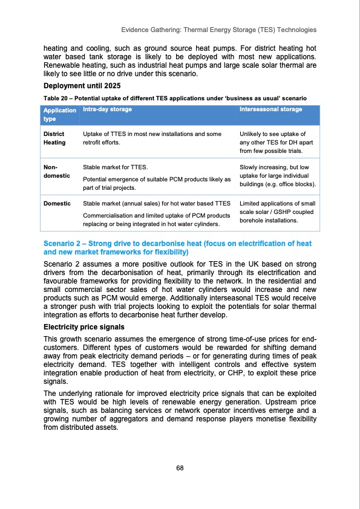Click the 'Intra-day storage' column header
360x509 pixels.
[x=107, y=109]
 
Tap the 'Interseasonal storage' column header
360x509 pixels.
[x=270, y=109]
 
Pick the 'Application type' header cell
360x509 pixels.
[x=59, y=114]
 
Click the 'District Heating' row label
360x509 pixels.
[x=54, y=137]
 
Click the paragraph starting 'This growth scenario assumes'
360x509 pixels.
[x=180, y=361]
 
